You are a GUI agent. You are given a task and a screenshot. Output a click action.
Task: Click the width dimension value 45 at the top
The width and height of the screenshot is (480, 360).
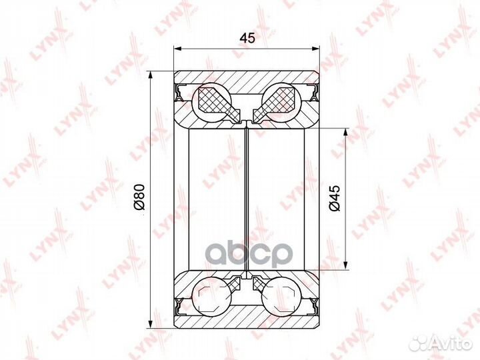247,39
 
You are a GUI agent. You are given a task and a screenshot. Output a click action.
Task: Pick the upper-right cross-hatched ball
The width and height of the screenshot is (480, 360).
281,101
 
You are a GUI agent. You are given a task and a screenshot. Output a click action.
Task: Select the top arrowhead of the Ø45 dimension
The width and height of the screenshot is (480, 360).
347,130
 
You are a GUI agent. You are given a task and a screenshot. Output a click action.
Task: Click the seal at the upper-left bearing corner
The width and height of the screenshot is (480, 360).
180,92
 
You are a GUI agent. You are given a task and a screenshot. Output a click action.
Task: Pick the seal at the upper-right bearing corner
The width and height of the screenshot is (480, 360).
312,92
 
